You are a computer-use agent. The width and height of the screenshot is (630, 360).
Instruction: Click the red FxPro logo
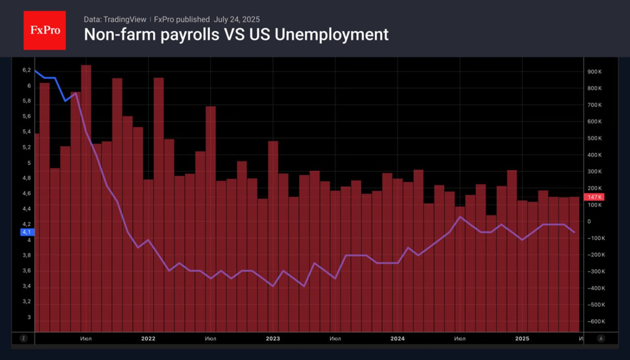click(45, 31)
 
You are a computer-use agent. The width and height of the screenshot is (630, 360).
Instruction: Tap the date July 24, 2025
click(237, 19)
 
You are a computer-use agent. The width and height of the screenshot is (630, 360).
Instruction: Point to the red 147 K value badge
click(593, 197)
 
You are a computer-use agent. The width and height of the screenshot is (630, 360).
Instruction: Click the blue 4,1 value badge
click(27, 232)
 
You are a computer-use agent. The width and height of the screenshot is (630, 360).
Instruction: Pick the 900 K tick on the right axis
click(595, 72)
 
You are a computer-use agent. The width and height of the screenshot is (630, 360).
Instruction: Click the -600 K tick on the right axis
click(594, 322)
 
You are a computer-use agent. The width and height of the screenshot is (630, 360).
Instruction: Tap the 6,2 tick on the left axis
click(27, 70)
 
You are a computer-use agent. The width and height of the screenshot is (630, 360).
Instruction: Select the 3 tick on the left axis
click(29, 317)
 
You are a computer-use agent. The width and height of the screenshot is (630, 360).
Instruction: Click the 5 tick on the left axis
click(29, 163)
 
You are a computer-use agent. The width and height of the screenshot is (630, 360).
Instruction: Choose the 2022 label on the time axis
click(148, 338)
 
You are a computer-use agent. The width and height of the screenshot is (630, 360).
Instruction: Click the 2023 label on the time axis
click(273, 338)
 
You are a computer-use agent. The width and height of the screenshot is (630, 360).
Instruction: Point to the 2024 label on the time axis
click(397, 338)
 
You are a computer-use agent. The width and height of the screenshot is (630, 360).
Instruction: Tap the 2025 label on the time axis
click(522, 338)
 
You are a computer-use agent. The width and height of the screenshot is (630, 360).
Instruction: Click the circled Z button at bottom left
click(23, 338)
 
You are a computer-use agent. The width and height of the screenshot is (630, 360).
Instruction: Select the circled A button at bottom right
click(600, 338)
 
